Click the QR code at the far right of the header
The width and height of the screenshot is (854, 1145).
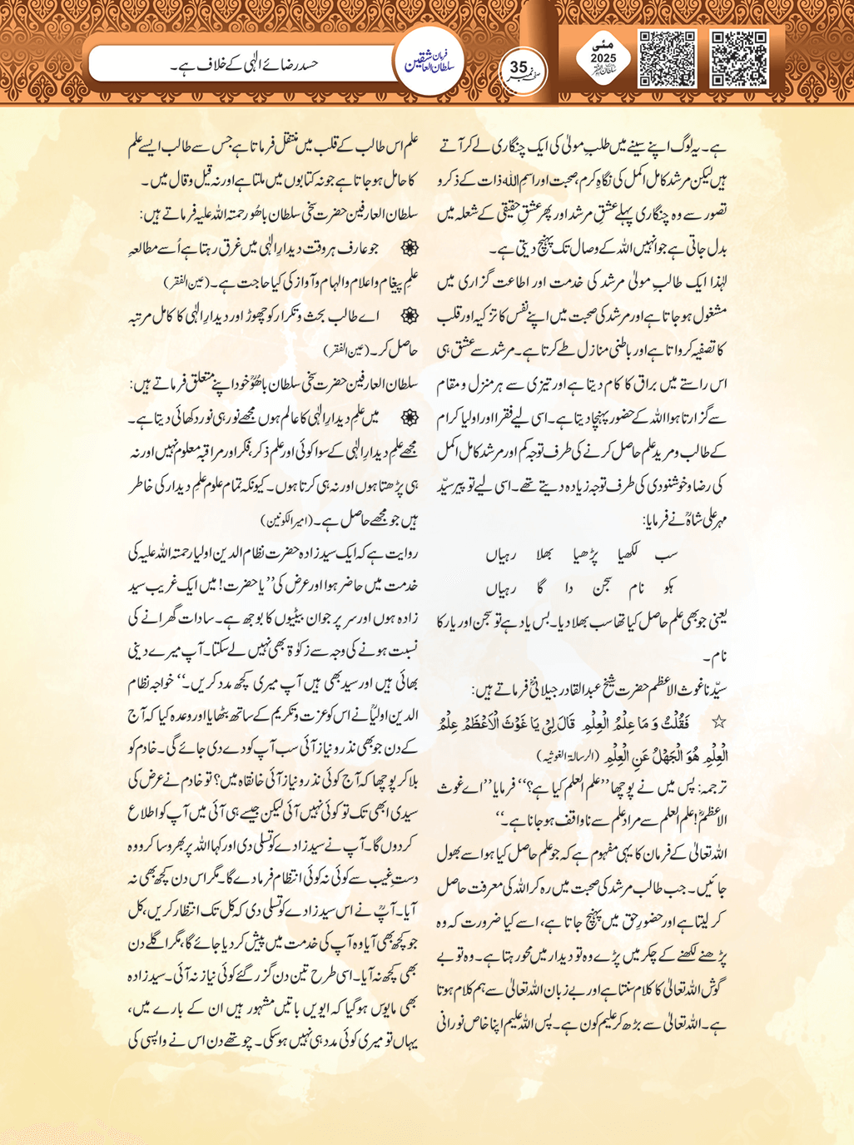point(739,58)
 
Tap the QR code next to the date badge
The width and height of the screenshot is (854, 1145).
point(667,58)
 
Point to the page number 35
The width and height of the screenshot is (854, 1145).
point(519,66)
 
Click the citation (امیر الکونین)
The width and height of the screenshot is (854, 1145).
point(286,522)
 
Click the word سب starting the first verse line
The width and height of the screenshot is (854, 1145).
point(666,553)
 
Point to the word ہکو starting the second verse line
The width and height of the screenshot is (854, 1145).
point(667,588)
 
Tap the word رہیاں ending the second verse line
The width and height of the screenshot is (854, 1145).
point(501,588)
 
